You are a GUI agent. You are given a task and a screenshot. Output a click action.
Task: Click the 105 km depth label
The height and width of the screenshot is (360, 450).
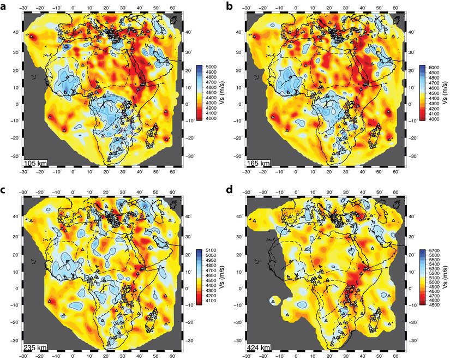point(34,163)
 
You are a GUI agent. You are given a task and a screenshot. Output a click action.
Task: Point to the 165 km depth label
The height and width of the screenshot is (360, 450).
point(258,163)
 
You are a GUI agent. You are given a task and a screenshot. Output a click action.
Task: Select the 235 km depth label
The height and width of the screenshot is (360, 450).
point(34,347)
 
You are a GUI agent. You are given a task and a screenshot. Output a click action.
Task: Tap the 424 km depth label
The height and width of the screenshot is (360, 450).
point(258,347)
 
